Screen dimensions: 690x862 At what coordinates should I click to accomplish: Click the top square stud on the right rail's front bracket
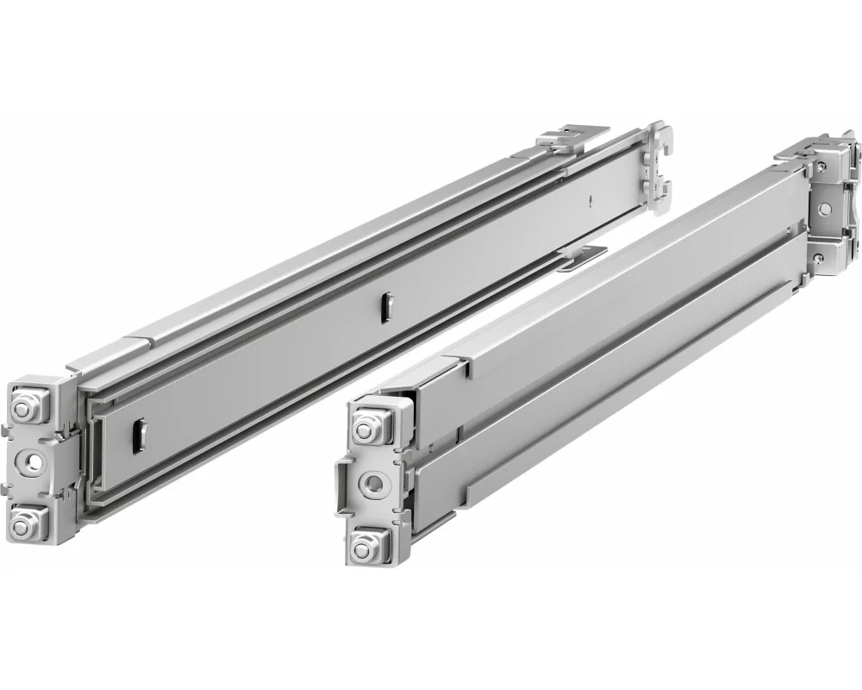(x=370, y=425)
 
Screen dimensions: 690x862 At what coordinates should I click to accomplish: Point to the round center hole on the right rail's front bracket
(x=373, y=483)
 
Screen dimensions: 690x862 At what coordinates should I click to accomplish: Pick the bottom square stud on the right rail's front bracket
(x=370, y=543)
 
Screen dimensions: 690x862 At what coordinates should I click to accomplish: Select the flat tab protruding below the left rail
(x=581, y=256)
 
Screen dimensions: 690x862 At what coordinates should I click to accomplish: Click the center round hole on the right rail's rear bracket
(x=826, y=206)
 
